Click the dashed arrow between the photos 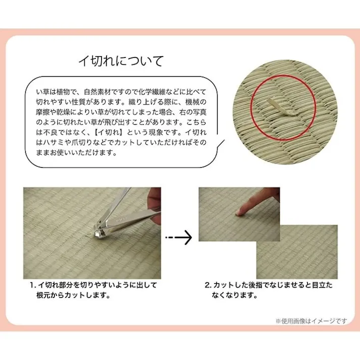179,237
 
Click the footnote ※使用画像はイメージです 311,321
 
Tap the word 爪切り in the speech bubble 78,143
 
